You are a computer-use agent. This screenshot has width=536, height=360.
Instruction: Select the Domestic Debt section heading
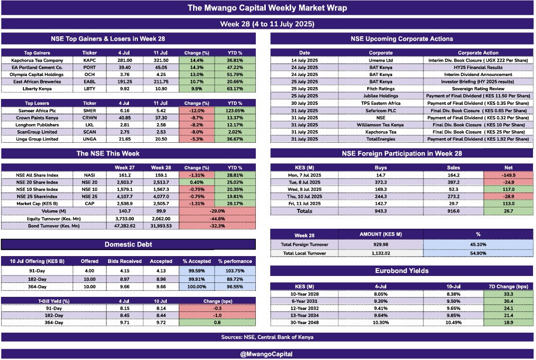pos(128,244)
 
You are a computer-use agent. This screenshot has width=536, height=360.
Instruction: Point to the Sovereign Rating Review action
pos(478,89)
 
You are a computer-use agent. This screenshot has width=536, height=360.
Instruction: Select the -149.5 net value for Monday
pos(507,175)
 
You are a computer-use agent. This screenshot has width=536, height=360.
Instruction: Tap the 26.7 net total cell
pos(507,211)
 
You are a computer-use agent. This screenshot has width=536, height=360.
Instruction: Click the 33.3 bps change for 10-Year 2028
pos(507,294)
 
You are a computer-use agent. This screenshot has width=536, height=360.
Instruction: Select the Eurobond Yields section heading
pos(401,271)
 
